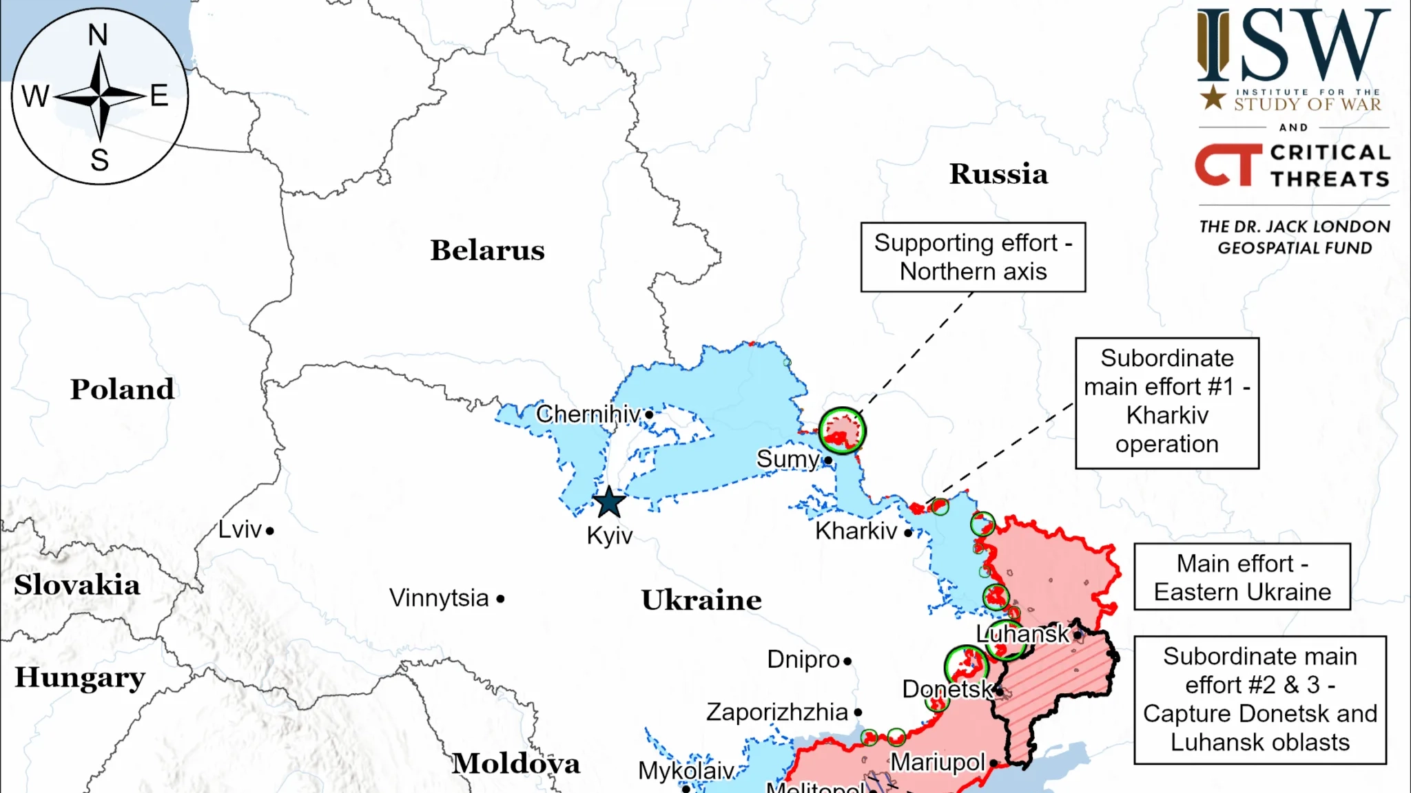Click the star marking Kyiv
tap(609, 503)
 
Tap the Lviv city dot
tap(270, 531)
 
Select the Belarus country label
tap(487, 251)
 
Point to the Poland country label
tap(122, 390)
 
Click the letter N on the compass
tap(98, 35)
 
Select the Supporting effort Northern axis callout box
tap(973, 257)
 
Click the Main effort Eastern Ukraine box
tap(1242, 577)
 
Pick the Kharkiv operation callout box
tap(1167, 403)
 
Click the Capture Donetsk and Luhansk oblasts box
tap(1259, 699)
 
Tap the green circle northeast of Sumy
tap(842, 431)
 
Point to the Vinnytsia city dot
tap(501, 599)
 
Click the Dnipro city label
tap(803, 659)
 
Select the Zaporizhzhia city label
tap(776, 712)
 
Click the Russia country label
tap(998, 174)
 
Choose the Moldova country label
tap(516, 763)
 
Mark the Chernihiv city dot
tap(649, 414)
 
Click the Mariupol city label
tap(938, 763)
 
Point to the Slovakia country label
tap(77, 585)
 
